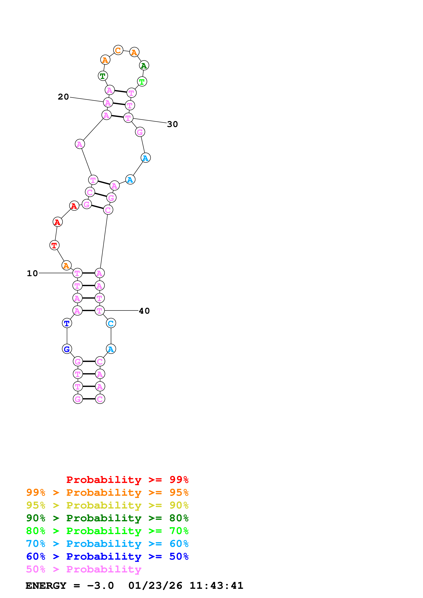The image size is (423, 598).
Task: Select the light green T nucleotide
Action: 142,82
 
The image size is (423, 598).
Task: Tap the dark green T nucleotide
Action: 103,76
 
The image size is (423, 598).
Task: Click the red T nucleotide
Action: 54,245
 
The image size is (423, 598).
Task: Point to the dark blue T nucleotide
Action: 67,323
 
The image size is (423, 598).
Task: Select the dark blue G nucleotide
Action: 67,349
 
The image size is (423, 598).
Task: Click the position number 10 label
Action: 32,273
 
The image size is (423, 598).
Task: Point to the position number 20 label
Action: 63,97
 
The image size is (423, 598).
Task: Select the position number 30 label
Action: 172,124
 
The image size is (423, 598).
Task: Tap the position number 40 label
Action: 144,311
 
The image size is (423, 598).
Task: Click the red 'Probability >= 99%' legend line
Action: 127,480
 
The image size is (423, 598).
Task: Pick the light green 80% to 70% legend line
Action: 107,531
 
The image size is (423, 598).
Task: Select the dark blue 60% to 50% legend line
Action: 107,556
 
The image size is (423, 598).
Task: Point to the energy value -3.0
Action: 100,586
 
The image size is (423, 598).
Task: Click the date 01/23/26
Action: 155,586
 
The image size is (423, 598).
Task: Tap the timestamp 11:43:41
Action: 216,586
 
